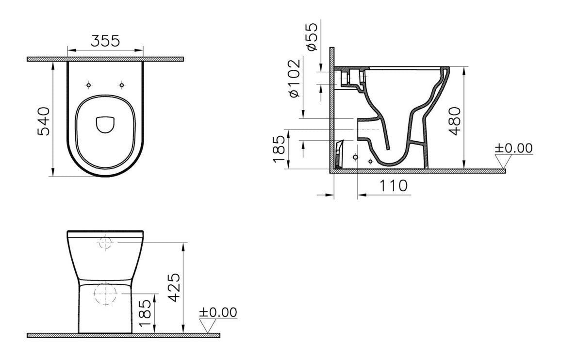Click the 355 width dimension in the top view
point(105,41)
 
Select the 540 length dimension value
point(44,121)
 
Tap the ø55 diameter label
point(312,36)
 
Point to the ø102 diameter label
point(294,78)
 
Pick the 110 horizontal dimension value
point(393,185)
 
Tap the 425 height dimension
point(174,287)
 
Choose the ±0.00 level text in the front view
point(218,312)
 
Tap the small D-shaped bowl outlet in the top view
point(105,124)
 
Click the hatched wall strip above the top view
point(105,59)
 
